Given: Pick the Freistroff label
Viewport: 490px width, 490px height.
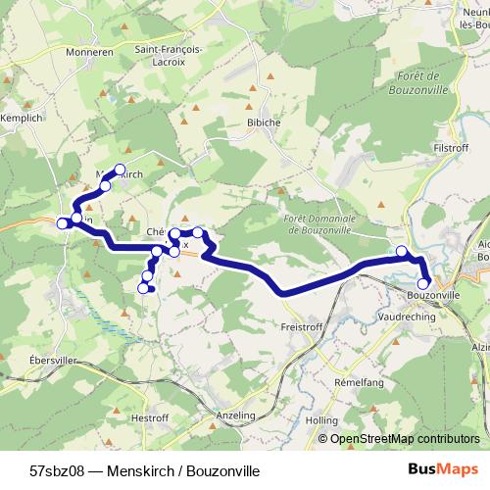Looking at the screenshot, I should point(301,325).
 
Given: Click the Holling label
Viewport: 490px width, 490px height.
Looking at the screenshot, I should point(321,419).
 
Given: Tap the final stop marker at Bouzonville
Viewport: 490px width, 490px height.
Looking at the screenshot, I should point(423,284).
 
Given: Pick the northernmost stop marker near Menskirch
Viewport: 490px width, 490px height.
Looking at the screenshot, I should point(121,169).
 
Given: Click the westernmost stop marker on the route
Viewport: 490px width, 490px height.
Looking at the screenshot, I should point(63,223).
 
